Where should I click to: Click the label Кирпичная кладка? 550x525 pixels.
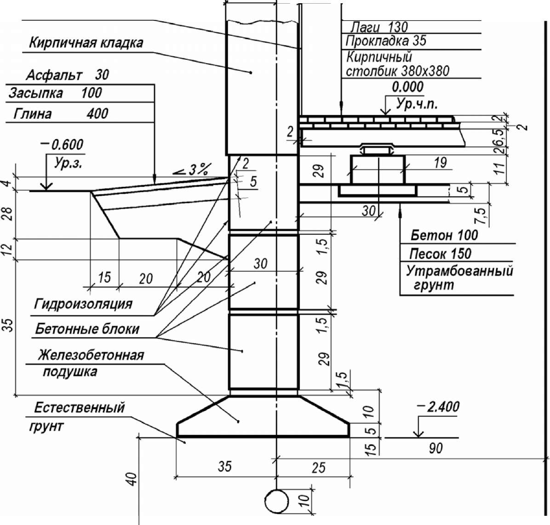tap(86, 43)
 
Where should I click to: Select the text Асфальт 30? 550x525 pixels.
tap(67, 75)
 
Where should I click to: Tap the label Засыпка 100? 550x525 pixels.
tap(55, 93)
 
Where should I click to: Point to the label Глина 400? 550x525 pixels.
tap(61, 114)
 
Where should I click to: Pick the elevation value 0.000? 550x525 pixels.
tap(407, 87)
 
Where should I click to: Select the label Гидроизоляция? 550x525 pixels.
tap(83, 304)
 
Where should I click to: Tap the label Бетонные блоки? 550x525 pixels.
tap(87, 329)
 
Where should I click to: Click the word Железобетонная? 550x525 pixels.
tap(91, 356)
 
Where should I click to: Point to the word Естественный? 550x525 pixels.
tap(80, 408)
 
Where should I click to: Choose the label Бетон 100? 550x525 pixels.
tap(444, 235)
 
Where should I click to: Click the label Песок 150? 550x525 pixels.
tap(440, 254)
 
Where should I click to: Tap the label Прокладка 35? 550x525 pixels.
tap(386, 41)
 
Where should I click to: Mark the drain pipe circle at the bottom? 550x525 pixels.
tap(276, 502)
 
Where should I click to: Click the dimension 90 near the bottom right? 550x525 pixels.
tap(435, 448)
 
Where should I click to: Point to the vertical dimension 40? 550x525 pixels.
tap(132, 479)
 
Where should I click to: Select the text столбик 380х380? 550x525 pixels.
tap(397, 71)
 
